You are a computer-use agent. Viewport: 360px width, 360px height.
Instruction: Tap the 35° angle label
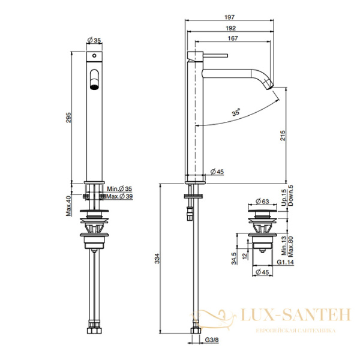click(x=221, y=112)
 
